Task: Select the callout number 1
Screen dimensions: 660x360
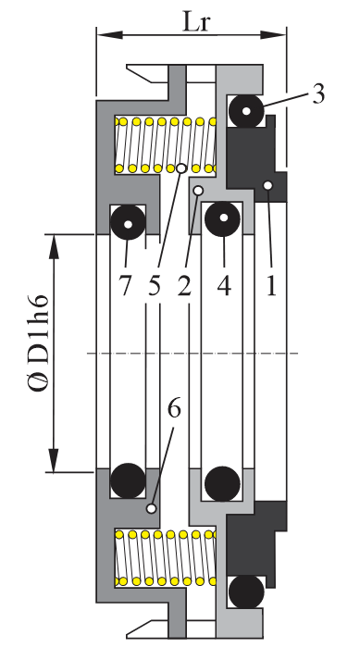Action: [271, 286]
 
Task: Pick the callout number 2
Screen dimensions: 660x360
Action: [185, 286]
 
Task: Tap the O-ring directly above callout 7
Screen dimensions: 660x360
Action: [126, 223]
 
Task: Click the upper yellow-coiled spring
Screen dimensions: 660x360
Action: [165, 145]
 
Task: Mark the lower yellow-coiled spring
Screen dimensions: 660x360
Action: [165, 559]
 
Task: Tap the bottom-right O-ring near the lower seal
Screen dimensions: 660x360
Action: [248, 592]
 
